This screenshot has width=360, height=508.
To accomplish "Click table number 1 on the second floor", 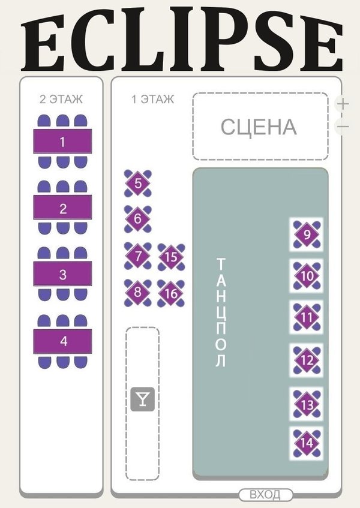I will click(x=62, y=142).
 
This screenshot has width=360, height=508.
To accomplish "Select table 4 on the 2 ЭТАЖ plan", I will click(x=62, y=341).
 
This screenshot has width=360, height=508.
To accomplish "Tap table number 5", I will click(x=138, y=184).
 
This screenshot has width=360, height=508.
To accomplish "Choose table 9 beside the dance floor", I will click(x=307, y=235).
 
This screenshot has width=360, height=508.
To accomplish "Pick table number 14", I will click(x=307, y=443).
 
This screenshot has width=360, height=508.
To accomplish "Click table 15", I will click(x=172, y=257).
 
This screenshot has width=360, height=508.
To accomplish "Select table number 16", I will click(x=172, y=293).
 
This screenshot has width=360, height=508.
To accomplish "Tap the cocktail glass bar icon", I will click(x=142, y=399).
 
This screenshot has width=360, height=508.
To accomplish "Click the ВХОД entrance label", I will click(x=265, y=495).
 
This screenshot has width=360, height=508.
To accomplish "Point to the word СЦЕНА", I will click(x=259, y=127).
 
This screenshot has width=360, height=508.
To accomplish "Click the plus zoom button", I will click(x=343, y=103).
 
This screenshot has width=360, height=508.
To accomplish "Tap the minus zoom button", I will click(x=343, y=126).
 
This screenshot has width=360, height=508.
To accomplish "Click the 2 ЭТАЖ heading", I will click(x=61, y=100).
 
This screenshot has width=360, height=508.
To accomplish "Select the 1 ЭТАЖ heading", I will click(x=153, y=100).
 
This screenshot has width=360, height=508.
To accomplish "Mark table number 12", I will click(x=307, y=360).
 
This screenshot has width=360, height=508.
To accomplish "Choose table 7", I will click(x=138, y=256).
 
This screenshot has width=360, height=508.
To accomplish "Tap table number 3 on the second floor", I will click(x=62, y=275).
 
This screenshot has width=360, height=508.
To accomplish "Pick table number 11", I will click(x=307, y=317).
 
